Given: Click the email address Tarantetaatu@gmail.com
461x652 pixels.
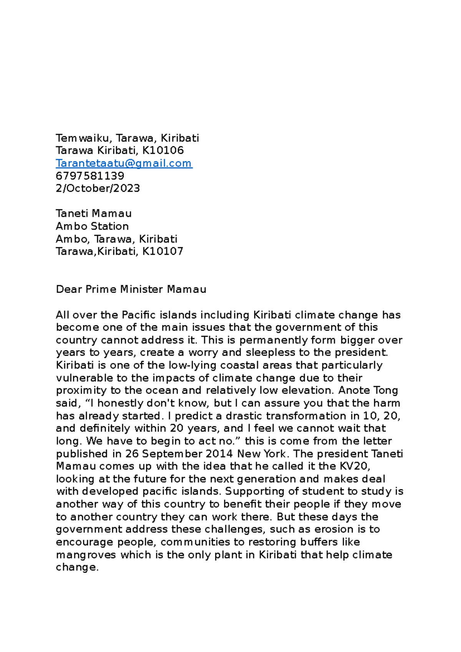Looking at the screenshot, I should coord(124,163).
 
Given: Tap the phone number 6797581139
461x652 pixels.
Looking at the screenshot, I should coord(90,176).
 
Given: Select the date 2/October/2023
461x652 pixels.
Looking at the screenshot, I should coord(98,188).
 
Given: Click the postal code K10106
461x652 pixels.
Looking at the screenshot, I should coord(163,150).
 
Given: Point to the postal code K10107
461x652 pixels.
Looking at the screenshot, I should coord(163,251).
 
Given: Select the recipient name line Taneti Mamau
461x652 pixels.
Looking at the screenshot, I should coord(93,213).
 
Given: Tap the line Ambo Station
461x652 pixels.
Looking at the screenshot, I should coord(92,226).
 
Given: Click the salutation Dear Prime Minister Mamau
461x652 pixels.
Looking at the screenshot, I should coord(131,289).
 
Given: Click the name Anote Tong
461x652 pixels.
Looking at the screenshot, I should coord(368,391).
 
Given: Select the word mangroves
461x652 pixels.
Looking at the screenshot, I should coord(86,555).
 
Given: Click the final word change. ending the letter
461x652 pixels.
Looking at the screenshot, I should coord(77,567).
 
